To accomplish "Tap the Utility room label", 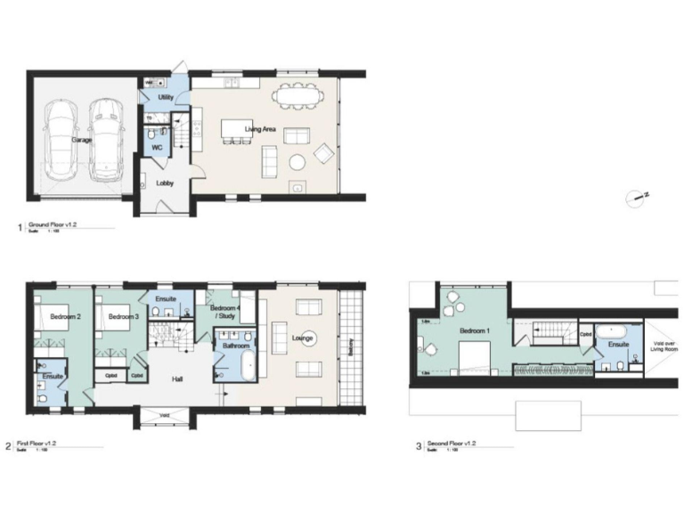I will pos(166,96).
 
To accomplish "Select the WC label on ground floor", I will pos(156,147).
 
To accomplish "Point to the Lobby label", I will pos(166,183).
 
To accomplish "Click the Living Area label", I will pos(261,130).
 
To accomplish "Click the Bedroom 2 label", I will pos(65,316).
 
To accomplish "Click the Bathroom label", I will pos(236,345).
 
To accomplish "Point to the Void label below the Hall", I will pos(166,415).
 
